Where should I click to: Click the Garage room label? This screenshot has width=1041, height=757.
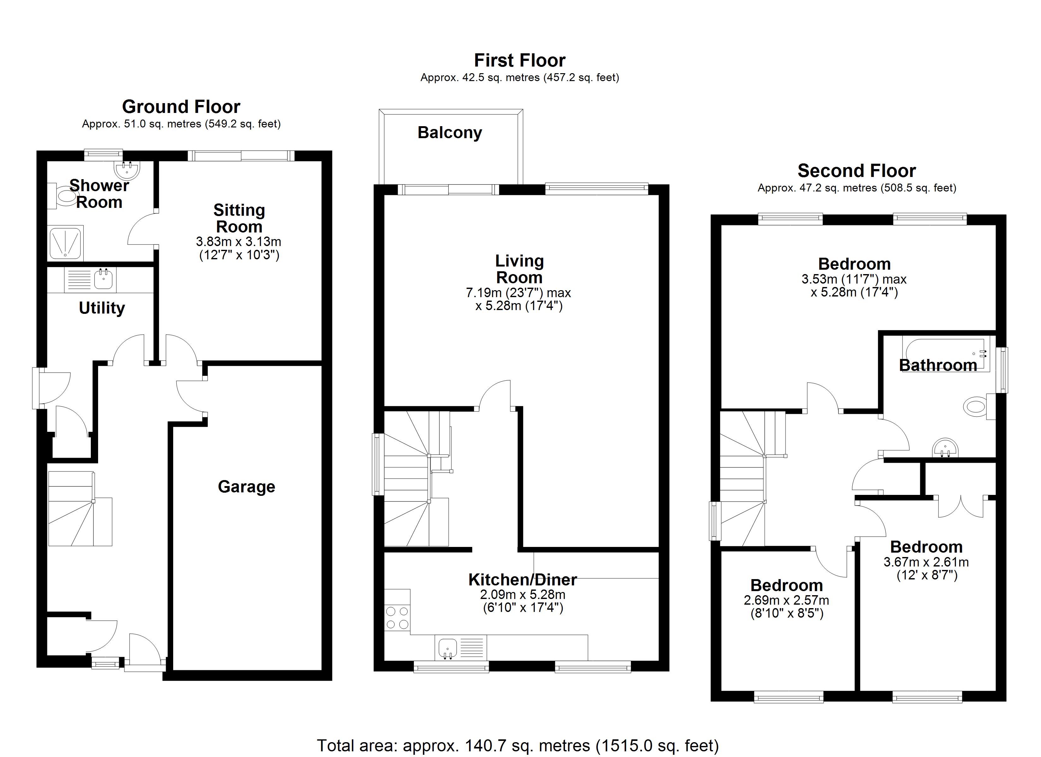coord(246,487)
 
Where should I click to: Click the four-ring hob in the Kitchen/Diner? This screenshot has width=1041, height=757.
coord(397,618)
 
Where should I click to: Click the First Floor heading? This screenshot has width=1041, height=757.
coord(520,61)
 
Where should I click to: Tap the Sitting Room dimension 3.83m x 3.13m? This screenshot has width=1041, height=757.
coord(239,242)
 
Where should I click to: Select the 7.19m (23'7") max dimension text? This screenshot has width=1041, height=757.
coord(518,292)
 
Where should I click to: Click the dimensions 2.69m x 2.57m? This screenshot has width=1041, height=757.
coord(786,600)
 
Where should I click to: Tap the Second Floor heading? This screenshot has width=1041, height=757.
coord(856,171)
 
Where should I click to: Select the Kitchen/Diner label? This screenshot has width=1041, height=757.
coord(522,580)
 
